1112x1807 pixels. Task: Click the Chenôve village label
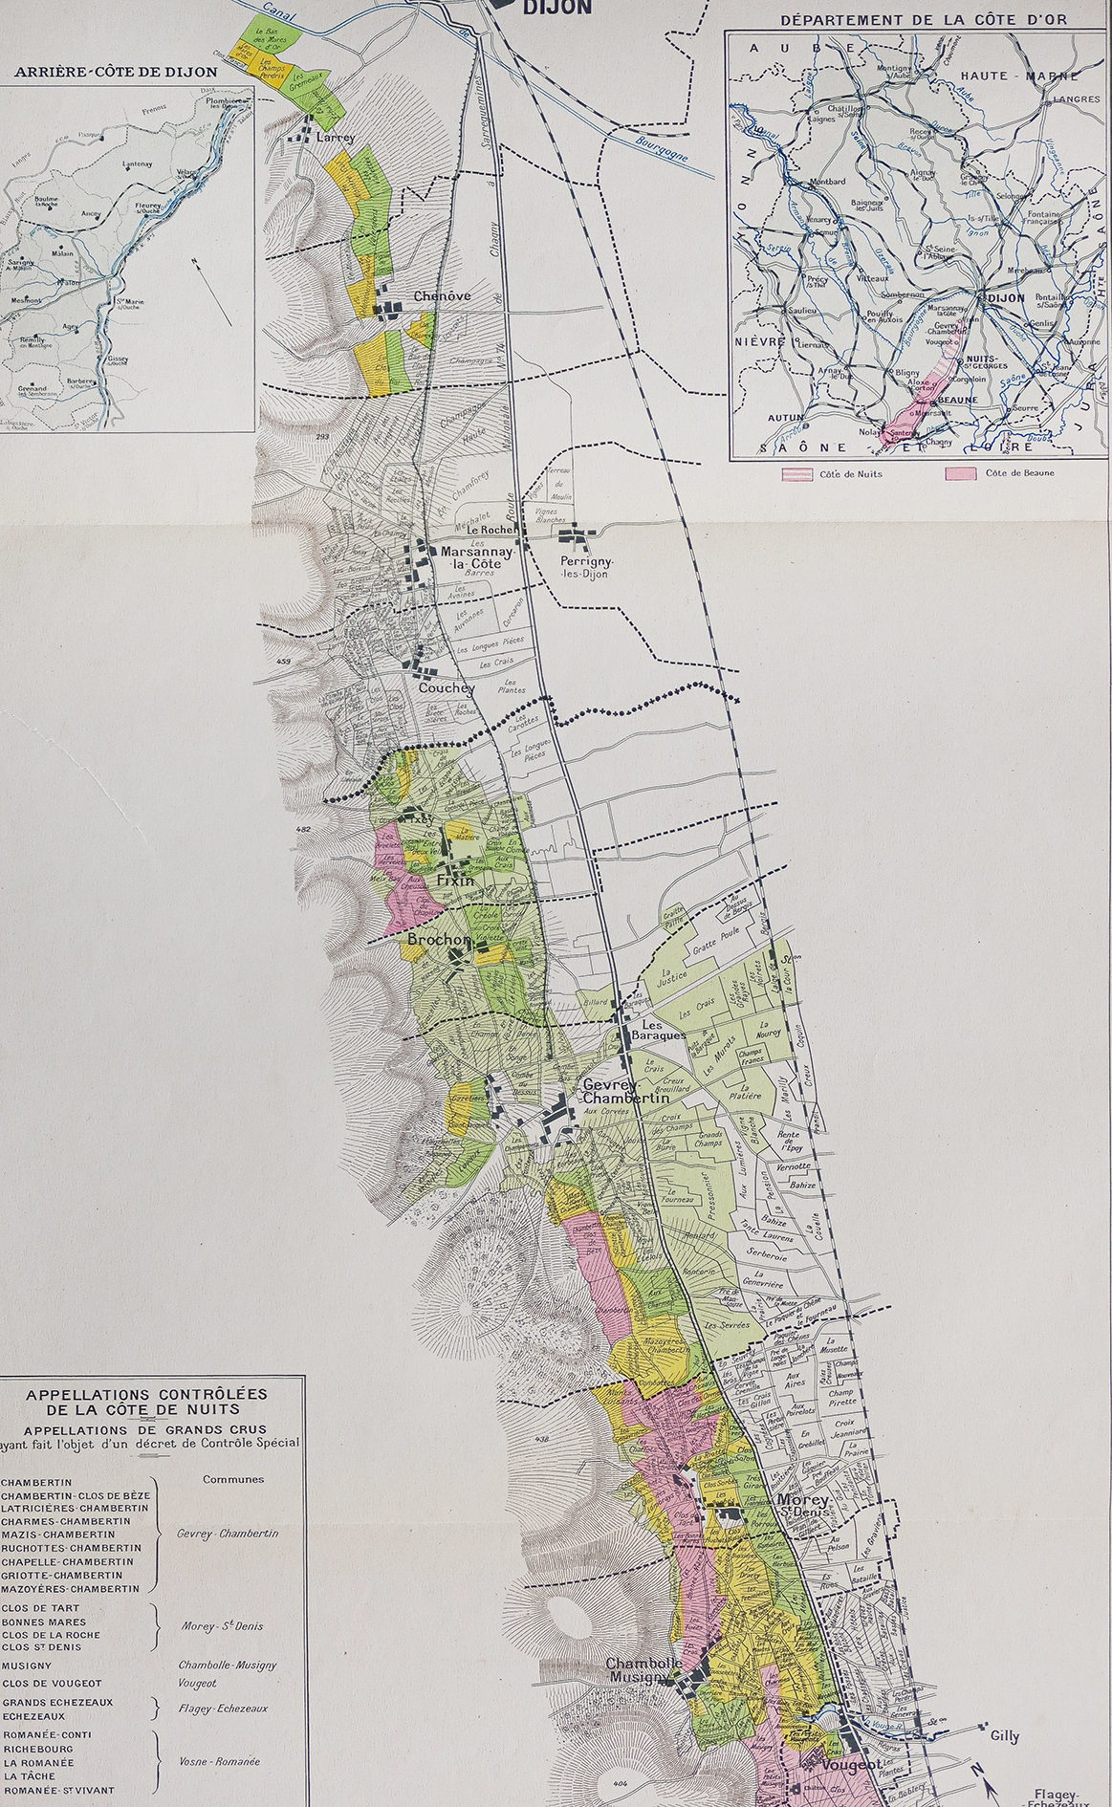[x=442, y=296]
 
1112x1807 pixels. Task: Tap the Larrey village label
[x=335, y=138]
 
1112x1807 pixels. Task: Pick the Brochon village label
[x=439, y=941]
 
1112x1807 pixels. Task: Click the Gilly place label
[x=1005, y=1736]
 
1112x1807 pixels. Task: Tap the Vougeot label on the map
[x=852, y=1765]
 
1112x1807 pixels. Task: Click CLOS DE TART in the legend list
[x=39, y=1608]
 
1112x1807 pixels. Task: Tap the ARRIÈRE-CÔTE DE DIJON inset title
[x=116, y=72]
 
